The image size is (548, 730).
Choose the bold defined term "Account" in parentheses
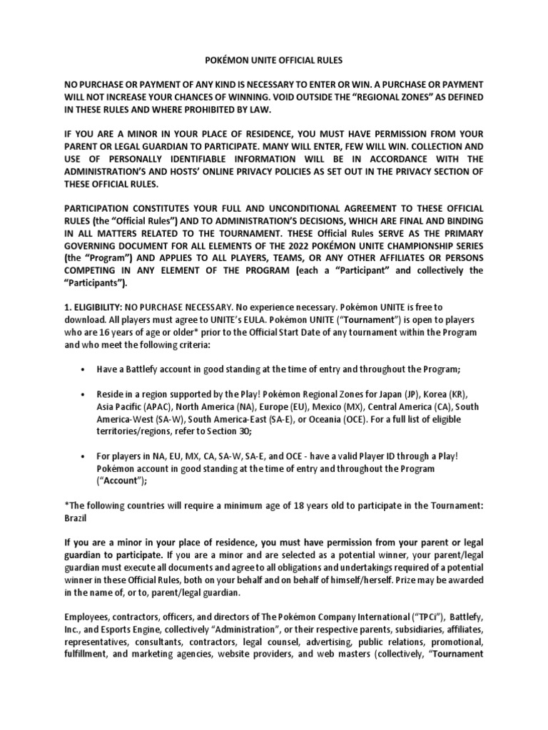(122, 483)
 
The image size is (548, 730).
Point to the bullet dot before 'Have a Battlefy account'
(83, 369)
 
